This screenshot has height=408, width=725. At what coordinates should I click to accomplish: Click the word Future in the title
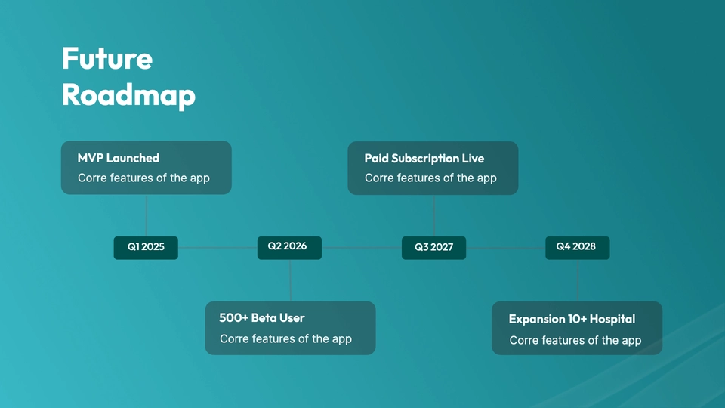point(107,58)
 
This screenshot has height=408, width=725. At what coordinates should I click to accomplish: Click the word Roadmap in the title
point(128,95)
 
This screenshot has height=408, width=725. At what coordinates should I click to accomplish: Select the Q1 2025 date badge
point(146,248)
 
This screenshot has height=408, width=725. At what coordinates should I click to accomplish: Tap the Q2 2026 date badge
point(289,248)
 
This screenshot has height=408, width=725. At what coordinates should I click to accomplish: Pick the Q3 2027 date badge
point(433,248)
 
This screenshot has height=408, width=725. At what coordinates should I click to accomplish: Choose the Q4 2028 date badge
point(578,248)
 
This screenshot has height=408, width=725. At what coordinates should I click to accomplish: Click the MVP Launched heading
point(119,158)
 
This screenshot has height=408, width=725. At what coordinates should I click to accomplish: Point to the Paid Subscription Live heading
point(424,159)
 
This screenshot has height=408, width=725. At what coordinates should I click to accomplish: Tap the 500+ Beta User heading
point(262,318)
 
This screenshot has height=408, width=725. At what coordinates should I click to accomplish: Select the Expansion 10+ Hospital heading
point(572,319)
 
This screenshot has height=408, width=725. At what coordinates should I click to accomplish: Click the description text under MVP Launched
point(143,178)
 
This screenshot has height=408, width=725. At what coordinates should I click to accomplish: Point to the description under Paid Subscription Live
point(430,178)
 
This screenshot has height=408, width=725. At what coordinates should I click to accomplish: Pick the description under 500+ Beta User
point(285,339)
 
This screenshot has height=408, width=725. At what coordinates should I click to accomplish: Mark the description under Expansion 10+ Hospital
point(575,341)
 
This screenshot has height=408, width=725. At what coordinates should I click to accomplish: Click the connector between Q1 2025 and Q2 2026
point(217,248)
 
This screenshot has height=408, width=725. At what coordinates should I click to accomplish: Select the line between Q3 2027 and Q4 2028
point(506,248)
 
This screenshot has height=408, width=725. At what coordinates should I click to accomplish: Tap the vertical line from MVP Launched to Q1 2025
point(147,215)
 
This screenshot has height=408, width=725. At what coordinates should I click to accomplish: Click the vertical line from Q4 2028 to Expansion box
point(578,280)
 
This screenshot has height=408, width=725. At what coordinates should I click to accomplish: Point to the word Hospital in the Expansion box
point(612,319)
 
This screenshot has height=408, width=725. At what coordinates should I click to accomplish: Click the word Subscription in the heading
point(425,159)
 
